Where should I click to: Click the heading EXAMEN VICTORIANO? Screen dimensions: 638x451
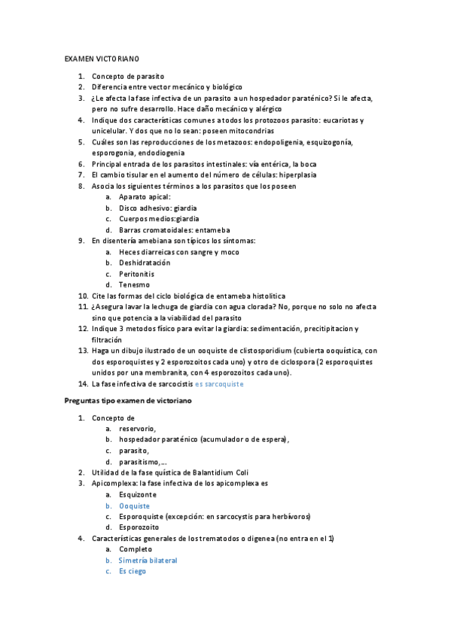(102, 58)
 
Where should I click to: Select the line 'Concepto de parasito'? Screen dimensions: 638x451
(128, 76)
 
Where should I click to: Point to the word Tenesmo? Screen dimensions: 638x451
(134, 284)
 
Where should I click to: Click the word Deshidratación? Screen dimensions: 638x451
(145, 263)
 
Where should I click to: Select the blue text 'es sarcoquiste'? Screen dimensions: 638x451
(219, 384)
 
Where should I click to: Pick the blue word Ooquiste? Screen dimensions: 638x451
(134, 506)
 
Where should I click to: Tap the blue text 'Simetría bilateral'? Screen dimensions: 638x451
(148, 561)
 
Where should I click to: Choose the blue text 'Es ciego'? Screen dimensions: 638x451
(132, 571)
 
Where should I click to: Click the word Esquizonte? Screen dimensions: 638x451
(138, 494)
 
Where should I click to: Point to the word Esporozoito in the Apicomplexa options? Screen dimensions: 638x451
(139, 527)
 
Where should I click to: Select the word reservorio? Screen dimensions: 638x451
(137, 428)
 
